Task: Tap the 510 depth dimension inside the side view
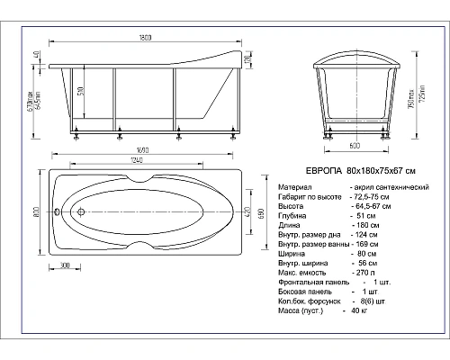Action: (x=84, y=93)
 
